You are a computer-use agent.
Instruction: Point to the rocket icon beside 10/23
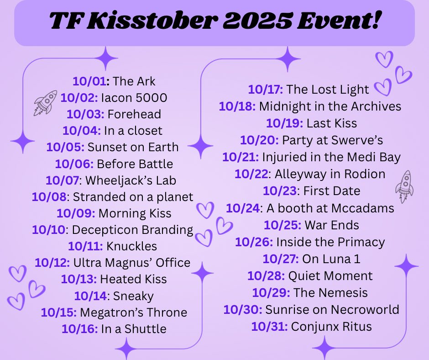coord(404,185)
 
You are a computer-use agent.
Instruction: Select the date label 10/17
coord(266,90)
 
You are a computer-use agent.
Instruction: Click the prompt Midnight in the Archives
coord(330,106)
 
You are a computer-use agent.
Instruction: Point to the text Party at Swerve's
coord(332,140)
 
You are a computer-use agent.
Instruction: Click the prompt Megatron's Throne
coord(133,312)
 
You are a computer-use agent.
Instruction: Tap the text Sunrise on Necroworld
coord(332,310)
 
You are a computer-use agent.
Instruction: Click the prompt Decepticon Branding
coord(133,229)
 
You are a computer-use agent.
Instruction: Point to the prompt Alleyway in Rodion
coord(330,174)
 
